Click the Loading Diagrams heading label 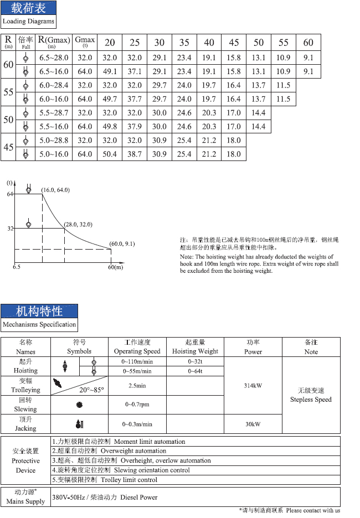pyautogui.click(x=28, y=22)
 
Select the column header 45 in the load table pyautogui.click(x=234, y=43)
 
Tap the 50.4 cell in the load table pyautogui.click(x=110, y=154)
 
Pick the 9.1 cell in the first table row pyautogui.click(x=308, y=58)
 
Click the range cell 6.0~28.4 pyautogui.click(x=54, y=85)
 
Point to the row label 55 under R pyautogui.click(x=8, y=92)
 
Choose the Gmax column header pyautogui.click(x=85, y=42)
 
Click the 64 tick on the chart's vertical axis pyautogui.click(x=10, y=194)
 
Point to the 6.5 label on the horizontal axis pyautogui.click(x=17, y=267)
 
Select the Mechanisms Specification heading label pyautogui.click(x=39, y=324)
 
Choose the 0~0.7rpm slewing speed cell pyautogui.click(x=137, y=405)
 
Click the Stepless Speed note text pyautogui.click(x=311, y=400)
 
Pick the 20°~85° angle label pyautogui.click(x=91, y=390)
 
